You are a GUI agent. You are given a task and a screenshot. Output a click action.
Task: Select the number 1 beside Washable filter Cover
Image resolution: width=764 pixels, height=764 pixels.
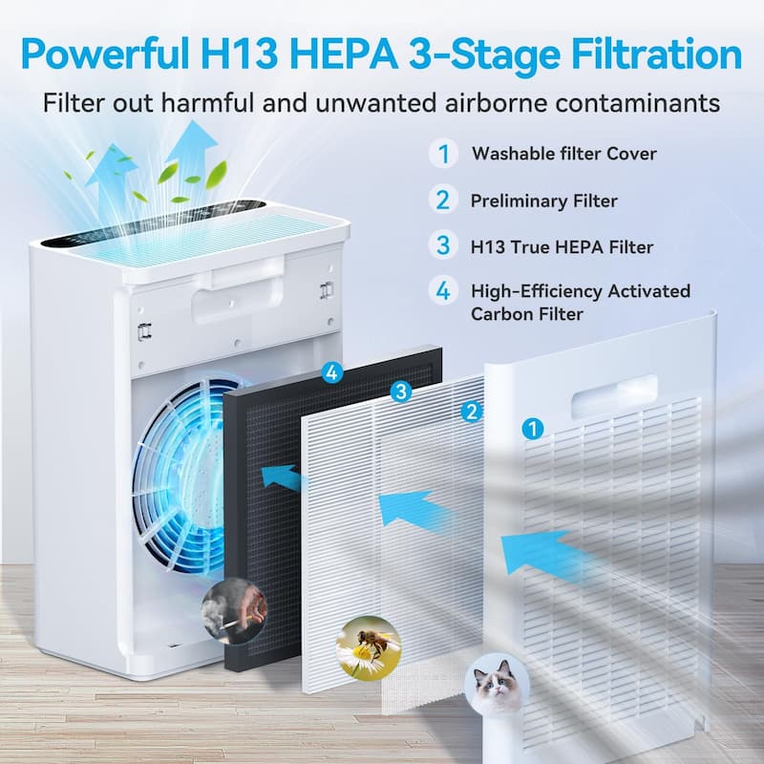coord(442,153)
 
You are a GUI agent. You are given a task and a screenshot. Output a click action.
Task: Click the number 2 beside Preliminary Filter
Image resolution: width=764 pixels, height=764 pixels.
coord(442,200)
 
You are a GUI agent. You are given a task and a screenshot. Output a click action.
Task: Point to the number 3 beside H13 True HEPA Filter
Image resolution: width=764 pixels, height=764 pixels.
coord(442,245)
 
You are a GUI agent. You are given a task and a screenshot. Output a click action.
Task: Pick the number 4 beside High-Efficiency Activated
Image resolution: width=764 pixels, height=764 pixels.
coord(442,291)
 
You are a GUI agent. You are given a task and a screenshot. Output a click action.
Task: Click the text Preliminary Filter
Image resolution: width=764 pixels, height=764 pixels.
coord(543,201)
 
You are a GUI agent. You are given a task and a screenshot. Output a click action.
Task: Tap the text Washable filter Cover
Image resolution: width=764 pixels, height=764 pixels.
coord(563,153)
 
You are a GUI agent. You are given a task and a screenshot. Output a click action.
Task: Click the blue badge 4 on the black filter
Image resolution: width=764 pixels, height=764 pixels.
coord(331,373)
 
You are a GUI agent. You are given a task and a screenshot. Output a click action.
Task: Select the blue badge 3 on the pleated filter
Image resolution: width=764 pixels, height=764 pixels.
coord(401,391)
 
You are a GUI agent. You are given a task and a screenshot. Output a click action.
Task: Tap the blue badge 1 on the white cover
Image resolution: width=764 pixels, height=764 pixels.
coord(532,429)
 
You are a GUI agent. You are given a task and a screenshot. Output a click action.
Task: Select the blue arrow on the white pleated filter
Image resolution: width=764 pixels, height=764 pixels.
coord(413,510)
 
